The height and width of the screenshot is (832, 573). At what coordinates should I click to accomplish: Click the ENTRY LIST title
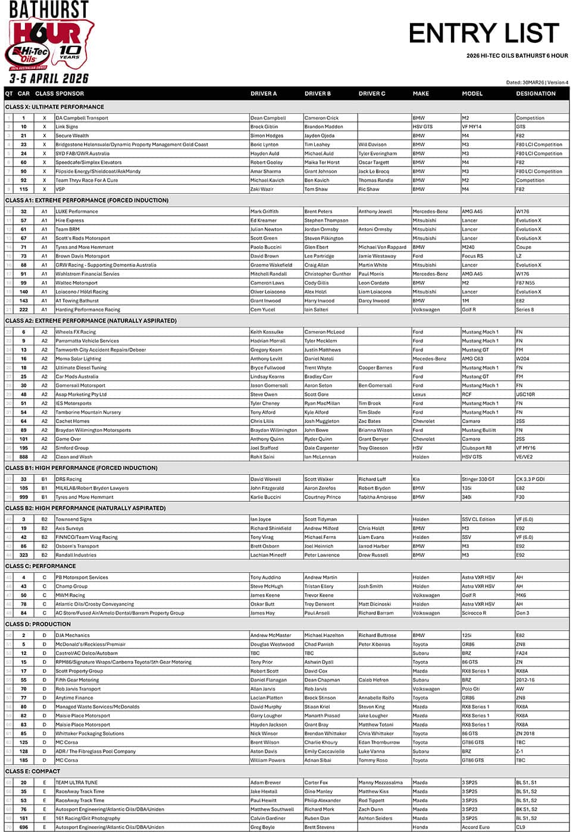point(484,33)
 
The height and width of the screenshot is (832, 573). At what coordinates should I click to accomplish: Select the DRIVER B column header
point(318,93)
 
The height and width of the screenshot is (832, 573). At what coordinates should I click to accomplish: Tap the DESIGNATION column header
point(536,93)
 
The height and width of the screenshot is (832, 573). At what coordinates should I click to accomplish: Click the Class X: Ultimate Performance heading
point(55,107)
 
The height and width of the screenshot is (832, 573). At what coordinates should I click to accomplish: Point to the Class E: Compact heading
point(33,771)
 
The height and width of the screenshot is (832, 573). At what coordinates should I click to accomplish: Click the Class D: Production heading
point(38,624)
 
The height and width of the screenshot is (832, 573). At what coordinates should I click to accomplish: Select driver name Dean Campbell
point(268,118)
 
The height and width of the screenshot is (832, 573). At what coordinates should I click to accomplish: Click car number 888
point(24,457)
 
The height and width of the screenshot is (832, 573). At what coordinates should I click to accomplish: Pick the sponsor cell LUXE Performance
point(77,212)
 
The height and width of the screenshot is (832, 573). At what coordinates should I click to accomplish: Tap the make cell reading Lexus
point(419,395)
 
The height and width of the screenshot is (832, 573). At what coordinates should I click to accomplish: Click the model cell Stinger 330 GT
point(478,479)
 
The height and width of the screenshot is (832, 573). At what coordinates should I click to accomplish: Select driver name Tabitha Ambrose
point(377,497)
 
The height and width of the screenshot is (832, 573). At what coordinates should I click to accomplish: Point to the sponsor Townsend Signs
point(74,519)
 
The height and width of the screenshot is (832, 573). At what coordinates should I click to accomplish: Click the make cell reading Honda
point(420,827)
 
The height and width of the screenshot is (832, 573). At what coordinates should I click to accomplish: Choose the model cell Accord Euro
point(475,827)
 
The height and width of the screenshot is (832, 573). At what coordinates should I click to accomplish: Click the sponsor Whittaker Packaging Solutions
point(90,733)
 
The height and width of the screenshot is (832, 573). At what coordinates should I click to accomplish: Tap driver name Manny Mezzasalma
point(380,783)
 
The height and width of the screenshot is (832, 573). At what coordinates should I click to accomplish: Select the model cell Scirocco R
point(474,613)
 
